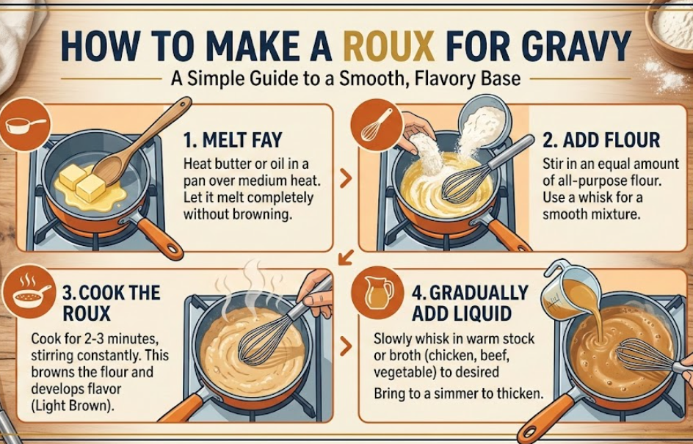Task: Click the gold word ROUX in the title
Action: click(388, 46)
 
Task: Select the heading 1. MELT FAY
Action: click(233, 140)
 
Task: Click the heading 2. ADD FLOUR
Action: click(602, 140)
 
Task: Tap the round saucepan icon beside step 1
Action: click(25, 125)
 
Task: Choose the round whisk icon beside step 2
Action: click(376, 125)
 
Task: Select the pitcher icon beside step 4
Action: click(377, 292)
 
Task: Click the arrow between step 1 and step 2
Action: click(346, 178)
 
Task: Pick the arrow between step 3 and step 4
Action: click(346, 346)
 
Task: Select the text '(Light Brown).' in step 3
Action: click(73, 406)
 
